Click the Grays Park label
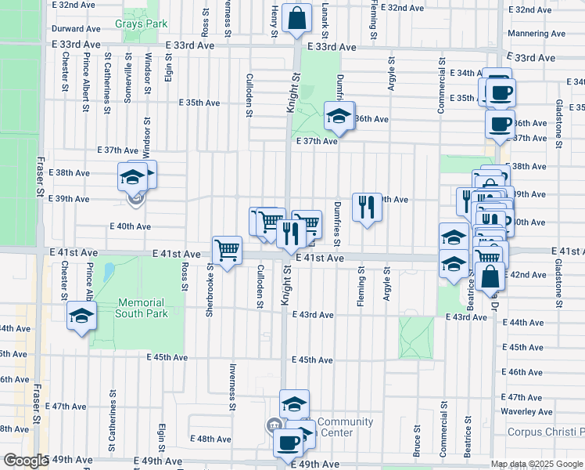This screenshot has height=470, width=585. pos(141,24)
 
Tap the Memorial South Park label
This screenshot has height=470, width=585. pos(141,308)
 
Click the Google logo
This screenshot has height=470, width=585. pos(26,461)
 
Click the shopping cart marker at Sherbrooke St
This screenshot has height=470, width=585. pos(227,250)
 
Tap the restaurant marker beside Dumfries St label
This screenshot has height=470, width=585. pos(366,206)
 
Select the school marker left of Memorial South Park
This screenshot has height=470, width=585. pos(81,316)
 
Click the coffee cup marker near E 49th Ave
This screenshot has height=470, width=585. pos(287,443)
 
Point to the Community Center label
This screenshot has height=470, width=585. pos(345,427)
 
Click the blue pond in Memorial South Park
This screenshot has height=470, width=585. pos(109,273)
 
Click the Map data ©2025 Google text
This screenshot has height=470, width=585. pos(536,464)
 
